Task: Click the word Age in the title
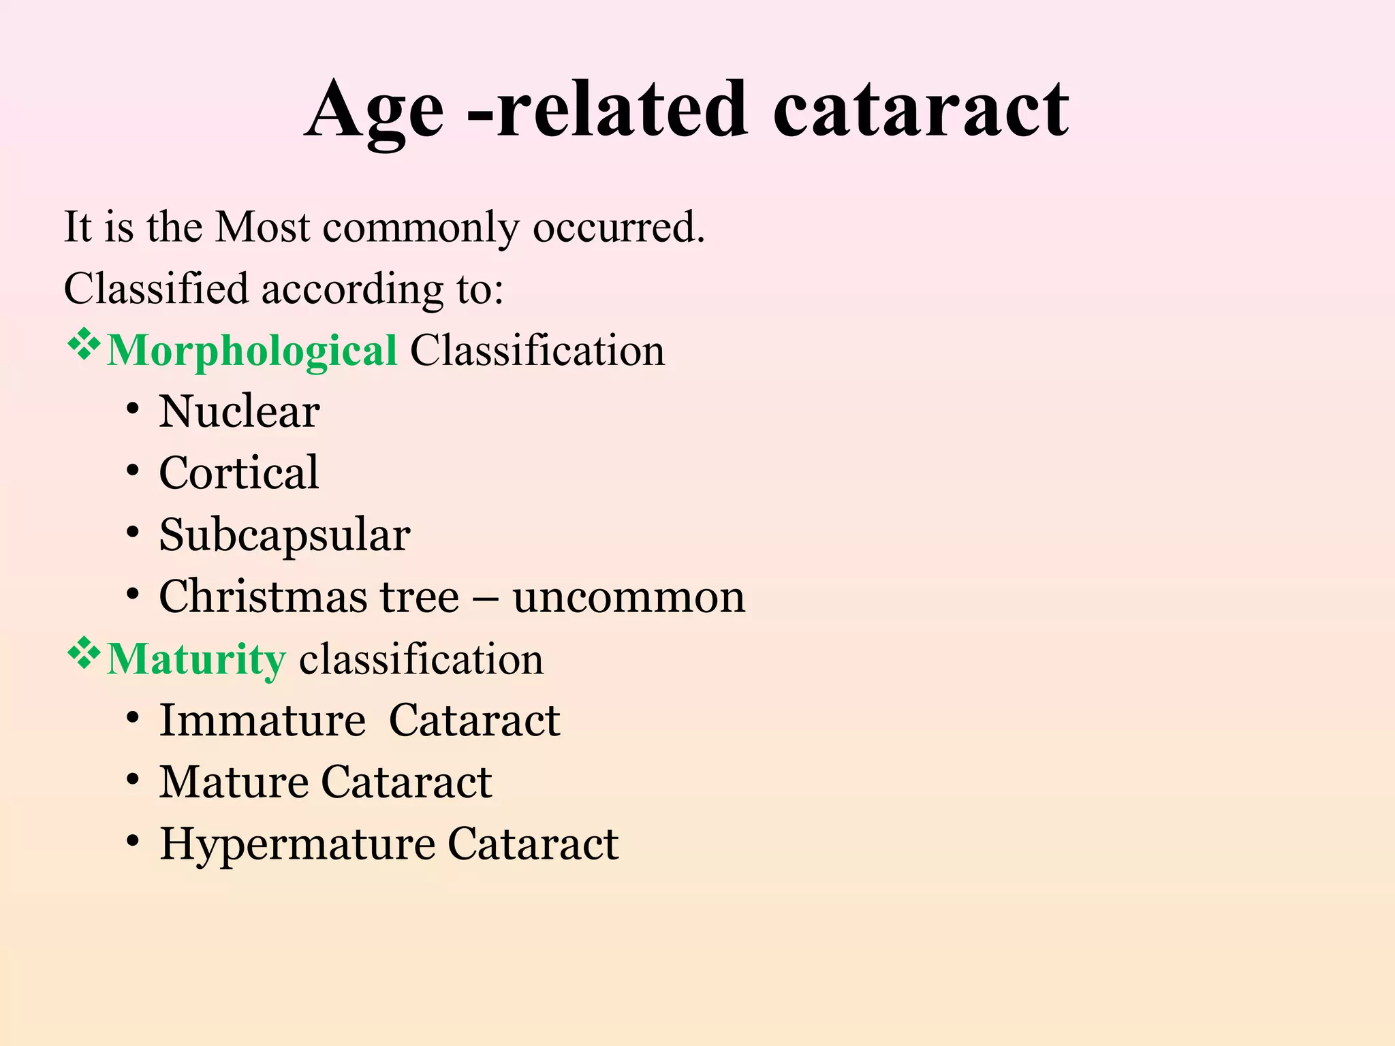pos(374,111)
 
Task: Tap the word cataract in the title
pos(920,111)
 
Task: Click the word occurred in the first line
pos(618,227)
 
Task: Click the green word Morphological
pos(252,351)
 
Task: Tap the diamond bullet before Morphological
pos(83,345)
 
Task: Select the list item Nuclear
pos(239,412)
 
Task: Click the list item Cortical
pos(238,473)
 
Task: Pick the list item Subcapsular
pos(284,535)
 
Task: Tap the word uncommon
pos(629,597)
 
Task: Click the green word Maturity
pos(196,659)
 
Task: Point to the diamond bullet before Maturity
pos(83,654)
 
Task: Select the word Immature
pos(262,720)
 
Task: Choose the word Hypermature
pos(297,844)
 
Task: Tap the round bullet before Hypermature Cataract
pos(133,842)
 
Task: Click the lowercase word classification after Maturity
pos(421,659)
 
